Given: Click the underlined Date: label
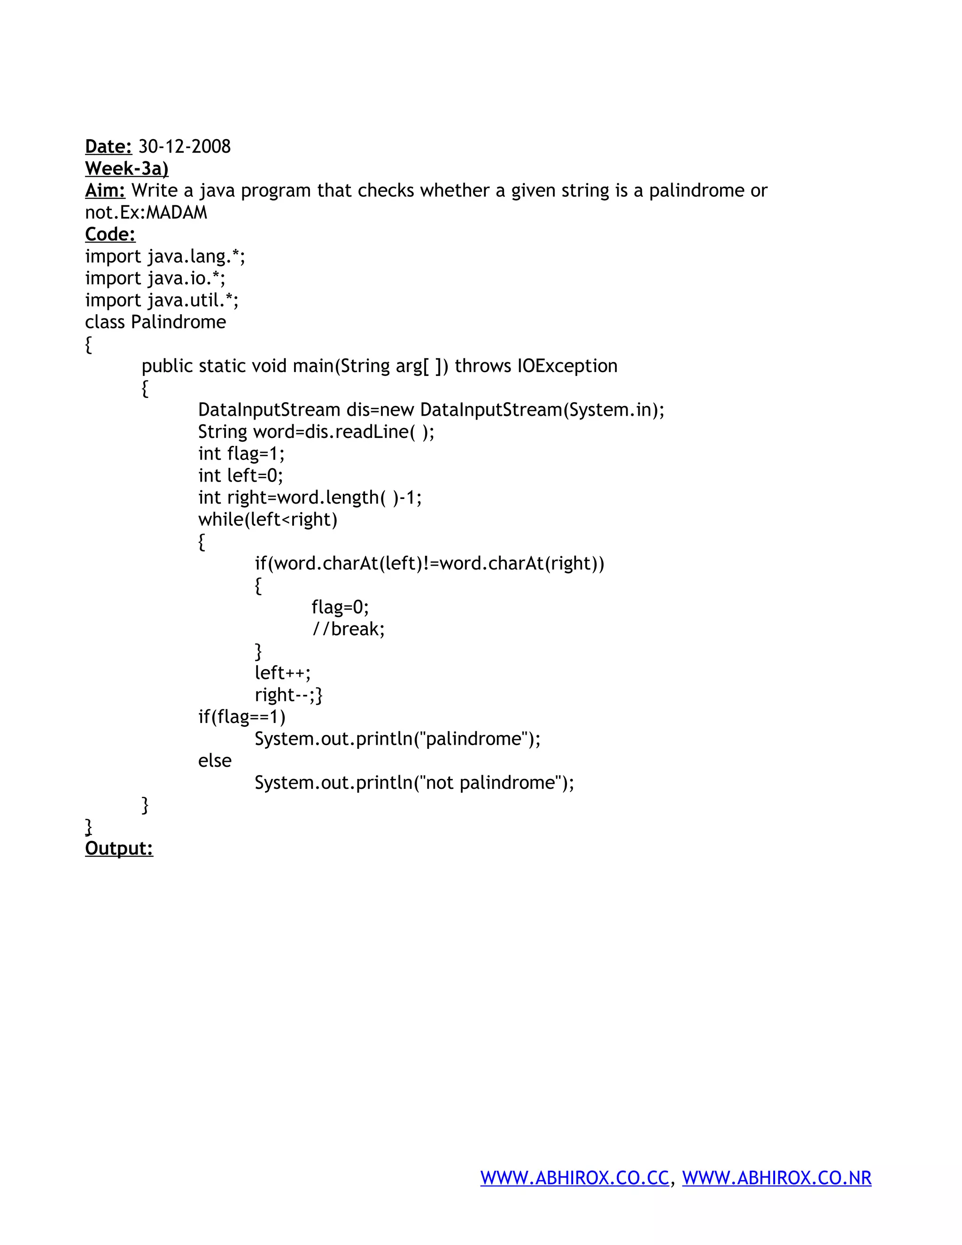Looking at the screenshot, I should point(109,147).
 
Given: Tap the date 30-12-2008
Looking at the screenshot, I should point(185,147).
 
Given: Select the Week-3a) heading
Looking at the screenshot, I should point(126,169).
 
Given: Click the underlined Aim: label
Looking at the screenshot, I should point(105,190).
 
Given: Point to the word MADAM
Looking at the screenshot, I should point(177,213).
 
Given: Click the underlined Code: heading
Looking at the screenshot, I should point(110,234).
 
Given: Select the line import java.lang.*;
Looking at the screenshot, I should point(165,257).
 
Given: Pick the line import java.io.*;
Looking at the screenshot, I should point(155,278).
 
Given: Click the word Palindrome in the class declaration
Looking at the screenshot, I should point(178,322).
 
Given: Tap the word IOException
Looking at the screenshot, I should point(567,366).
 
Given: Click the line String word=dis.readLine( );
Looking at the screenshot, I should point(316,432).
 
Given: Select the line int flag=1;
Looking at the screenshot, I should point(241,454).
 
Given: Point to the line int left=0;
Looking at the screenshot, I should point(240,475).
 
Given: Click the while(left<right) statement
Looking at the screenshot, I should point(268,519).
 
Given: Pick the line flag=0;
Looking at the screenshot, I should point(340,607).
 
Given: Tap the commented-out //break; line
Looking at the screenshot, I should point(348,629).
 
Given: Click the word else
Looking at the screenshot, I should point(215,761).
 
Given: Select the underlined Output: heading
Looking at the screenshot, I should point(119,848).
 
